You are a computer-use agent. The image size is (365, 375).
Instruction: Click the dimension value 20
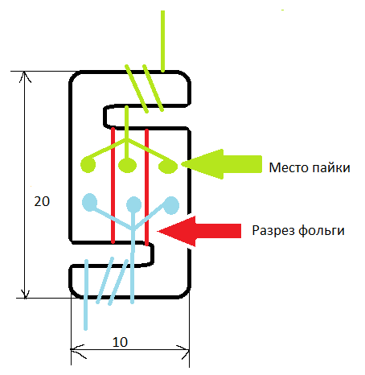point(42,201)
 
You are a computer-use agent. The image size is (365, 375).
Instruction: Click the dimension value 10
point(120,342)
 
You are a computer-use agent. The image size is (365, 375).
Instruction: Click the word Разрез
point(273,231)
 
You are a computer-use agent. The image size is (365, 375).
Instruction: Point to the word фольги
point(322,231)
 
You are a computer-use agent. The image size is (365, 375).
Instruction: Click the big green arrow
point(222,164)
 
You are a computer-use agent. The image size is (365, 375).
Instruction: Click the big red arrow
point(199,231)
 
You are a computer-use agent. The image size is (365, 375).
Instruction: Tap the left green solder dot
point(88,165)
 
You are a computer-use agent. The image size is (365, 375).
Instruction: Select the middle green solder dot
point(127,165)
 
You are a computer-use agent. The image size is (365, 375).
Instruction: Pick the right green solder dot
point(168,167)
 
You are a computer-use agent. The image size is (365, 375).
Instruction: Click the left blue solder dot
point(89,202)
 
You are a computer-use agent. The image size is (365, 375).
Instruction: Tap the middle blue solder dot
point(133,204)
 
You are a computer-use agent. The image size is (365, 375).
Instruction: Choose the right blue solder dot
point(171,205)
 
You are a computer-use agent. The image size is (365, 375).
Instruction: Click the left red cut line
point(113,185)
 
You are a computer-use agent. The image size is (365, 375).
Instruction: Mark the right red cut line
point(146,187)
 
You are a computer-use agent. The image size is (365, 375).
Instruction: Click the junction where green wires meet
point(126,140)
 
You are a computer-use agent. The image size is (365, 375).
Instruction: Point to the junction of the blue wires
point(133,229)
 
